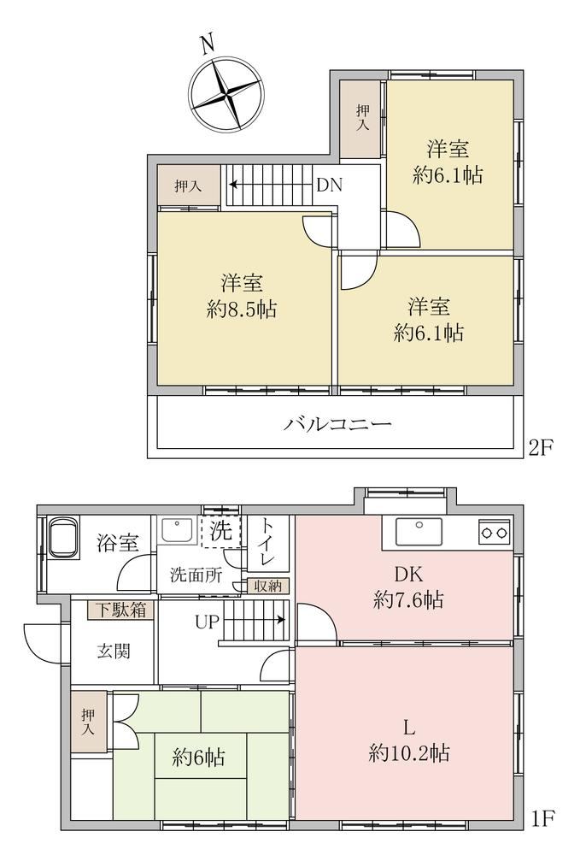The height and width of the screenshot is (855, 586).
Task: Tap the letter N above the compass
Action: point(208,44)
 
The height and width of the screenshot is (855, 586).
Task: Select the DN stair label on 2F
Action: point(330,186)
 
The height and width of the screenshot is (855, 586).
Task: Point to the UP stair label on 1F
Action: point(207,622)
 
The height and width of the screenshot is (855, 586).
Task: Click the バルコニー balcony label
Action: point(337,424)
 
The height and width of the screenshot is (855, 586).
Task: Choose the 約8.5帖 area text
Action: point(242,310)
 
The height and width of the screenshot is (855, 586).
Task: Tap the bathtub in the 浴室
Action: point(64,537)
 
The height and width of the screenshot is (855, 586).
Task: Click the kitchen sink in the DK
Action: point(419,532)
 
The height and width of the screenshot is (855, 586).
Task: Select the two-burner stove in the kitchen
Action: point(495,532)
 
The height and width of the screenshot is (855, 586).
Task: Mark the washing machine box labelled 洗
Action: point(220,531)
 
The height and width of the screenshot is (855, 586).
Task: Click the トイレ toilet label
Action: point(267,543)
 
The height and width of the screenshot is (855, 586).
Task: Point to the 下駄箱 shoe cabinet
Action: point(121,609)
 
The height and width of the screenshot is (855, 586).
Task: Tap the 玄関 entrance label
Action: point(114,651)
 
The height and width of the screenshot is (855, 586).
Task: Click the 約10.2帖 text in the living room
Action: point(409,753)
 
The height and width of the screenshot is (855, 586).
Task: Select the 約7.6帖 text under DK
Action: point(408,600)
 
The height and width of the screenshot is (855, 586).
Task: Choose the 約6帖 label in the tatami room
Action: point(199,758)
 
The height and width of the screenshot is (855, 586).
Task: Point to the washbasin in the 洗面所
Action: point(176,529)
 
